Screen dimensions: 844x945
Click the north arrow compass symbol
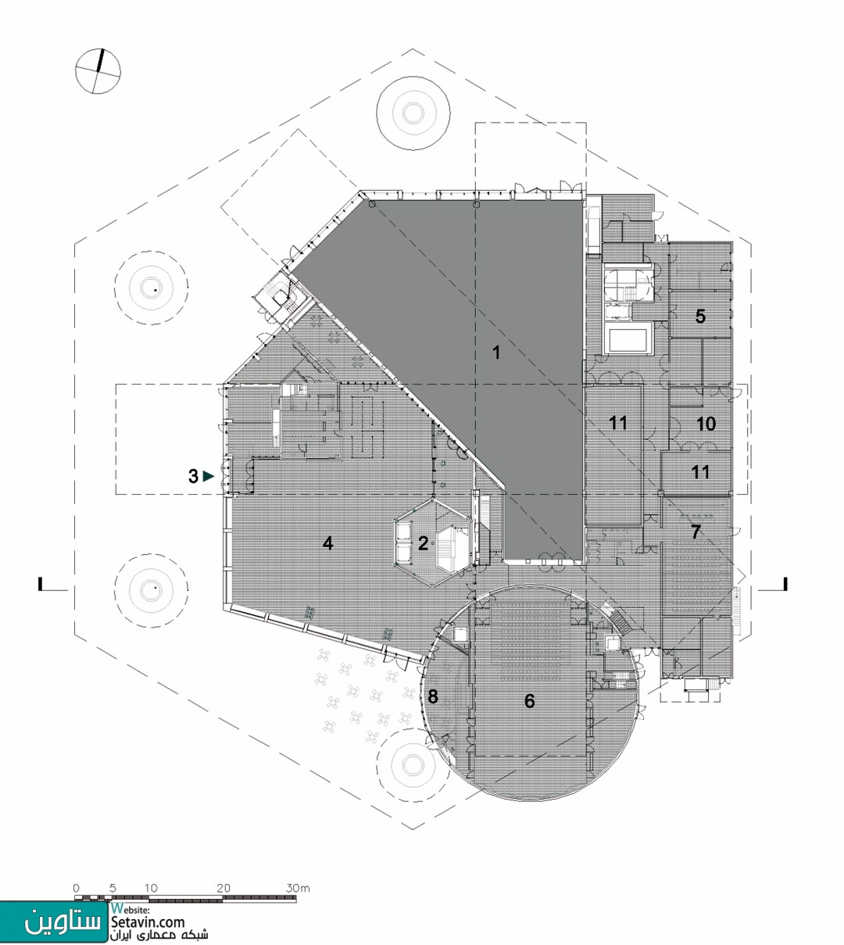[98, 71]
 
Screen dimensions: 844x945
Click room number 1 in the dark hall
[496, 353]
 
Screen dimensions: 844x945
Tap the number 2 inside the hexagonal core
[423, 543]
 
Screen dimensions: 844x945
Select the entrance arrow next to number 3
[209, 476]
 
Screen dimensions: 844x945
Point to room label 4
[327, 543]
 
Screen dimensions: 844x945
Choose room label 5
[700, 317]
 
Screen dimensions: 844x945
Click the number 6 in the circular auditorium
[529, 700]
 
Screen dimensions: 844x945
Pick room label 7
[696, 532]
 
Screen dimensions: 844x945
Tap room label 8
[433, 696]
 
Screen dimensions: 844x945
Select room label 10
[706, 424]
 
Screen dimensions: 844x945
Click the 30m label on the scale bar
[298, 888]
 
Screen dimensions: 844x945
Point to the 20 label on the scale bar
[224, 888]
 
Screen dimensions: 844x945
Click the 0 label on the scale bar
[77, 888]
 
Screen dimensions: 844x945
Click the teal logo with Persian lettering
[54, 922]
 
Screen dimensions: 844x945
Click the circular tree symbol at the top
[413, 113]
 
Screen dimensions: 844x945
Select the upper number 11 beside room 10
[618, 423]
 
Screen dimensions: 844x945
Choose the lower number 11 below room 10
[700, 472]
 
